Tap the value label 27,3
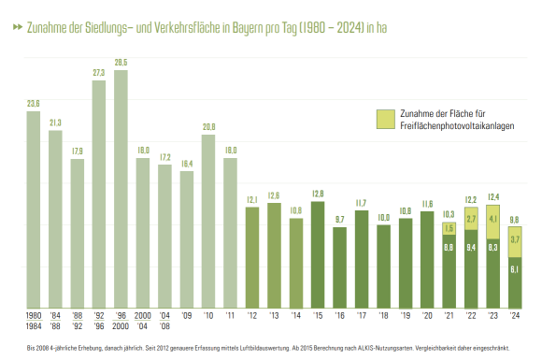(98, 72)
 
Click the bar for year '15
(318, 253)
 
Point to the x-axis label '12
(251, 316)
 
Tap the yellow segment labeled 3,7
(515, 240)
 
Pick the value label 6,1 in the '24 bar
(515, 270)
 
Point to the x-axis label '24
(515, 316)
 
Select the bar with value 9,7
(339, 266)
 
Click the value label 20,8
(208, 126)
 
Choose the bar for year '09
(186, 238)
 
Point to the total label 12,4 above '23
(492, 196)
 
